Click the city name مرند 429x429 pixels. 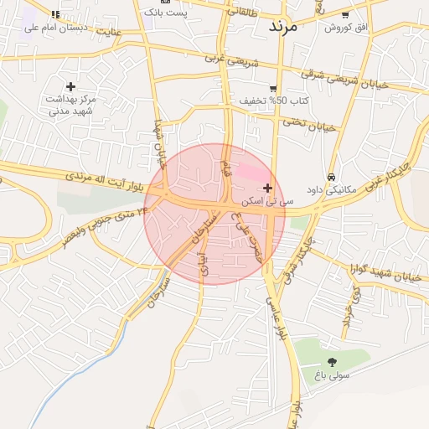tap(282, 26)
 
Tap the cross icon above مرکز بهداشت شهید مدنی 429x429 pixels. tap(70, 86)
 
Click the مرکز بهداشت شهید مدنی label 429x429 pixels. tap(71, 104)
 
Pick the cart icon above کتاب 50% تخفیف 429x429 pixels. tap(273, 88)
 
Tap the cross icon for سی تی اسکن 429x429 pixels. tap(267, 188)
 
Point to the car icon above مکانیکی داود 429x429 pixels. tap(333, 178)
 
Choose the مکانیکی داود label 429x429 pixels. tap(331, 190)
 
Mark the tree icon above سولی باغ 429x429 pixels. tap(333, 362)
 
